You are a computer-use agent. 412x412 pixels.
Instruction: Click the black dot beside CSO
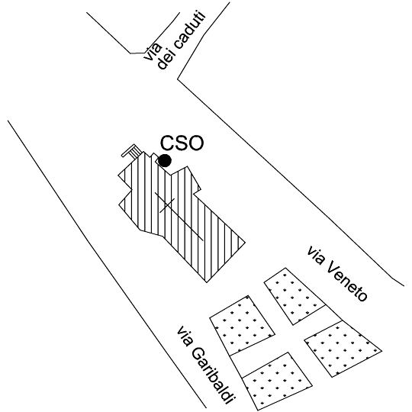tap(165, 160)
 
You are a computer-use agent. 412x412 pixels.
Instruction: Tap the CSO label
tap(182, 143)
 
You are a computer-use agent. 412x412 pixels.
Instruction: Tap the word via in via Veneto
tap(316, 256)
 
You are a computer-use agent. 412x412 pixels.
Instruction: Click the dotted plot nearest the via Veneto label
tap(295, 296)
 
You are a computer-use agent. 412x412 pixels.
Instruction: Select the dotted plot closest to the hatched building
tap(242, 325)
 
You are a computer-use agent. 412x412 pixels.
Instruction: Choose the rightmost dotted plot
tap(343, 349)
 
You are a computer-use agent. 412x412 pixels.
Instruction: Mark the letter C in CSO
tap(167, 143)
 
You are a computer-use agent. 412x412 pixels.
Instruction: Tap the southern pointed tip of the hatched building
tap(207, 282)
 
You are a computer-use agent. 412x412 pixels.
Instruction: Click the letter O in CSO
tap(196, 143)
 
